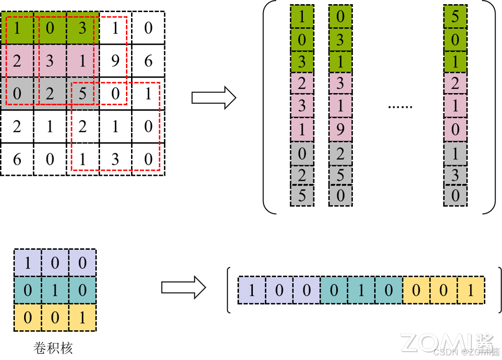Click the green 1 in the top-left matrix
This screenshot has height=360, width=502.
click(x=17, y=28)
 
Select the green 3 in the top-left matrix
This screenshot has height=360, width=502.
click(x=82, y=28)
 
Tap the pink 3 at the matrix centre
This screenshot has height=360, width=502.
click(x=50, y=61)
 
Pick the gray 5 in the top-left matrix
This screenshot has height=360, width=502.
click(x=82, y=93)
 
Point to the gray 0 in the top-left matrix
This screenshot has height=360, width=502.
click(x=17, y=93)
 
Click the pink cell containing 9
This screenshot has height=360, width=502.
click(x=340, y=129)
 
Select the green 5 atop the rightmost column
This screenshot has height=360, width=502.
click(x=455, y=17)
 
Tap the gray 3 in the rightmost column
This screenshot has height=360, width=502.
click(x=455, y=175)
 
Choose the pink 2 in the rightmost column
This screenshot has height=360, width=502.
click(x=455, y=84)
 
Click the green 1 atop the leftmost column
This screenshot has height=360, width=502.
click(x=302, y=17)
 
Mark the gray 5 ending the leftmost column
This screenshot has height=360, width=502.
click(x=302, y=196)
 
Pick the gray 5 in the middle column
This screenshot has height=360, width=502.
click(x=340, y=175)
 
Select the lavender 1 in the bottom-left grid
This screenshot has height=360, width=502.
click(x=27, y=263)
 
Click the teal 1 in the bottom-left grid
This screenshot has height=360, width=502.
click(x=55, y=290)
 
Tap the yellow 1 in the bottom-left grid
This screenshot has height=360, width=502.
click(x=82, y=318)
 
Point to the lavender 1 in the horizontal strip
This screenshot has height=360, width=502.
click(x=252, y=290)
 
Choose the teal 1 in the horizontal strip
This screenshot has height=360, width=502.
click(x=361, y=290)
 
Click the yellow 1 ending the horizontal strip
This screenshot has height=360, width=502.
click(x=470, y=290)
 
